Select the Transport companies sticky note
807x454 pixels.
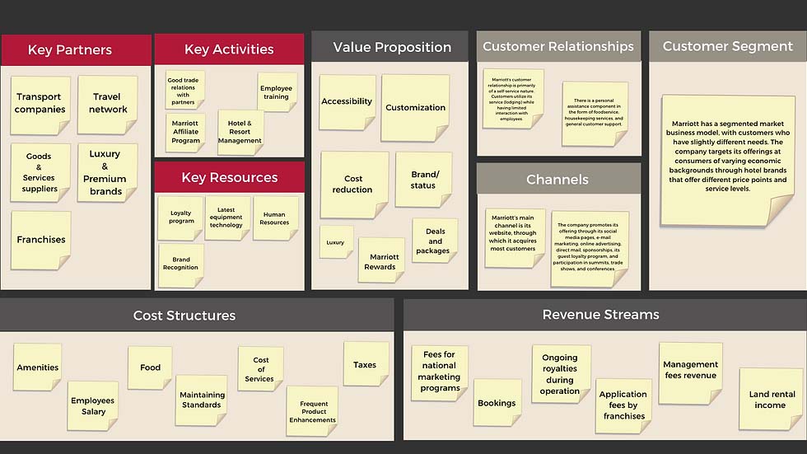[x=40, y=104]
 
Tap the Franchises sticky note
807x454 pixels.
[x=41, y=240]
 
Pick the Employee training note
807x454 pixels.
[x=276, y=91]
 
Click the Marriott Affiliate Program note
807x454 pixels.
[x=185, y=132]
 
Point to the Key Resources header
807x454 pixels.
[x=229, y=177]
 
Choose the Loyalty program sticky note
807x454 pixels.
[x=181, y=218]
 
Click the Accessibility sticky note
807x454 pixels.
[x=347, y=102]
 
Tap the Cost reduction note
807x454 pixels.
[x=353, y=184]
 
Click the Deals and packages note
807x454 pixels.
[x=433, y=241]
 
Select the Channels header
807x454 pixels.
[x=557, y=179]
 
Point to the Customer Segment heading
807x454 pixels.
[x=727, y=47]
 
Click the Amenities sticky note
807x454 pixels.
[x=38, y=367]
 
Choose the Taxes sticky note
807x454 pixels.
[x=365, y=364]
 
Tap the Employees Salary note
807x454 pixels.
[x=93, y=405]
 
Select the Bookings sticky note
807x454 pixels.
[x=497, y=403]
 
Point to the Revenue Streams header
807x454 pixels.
[x=600, y=314]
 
